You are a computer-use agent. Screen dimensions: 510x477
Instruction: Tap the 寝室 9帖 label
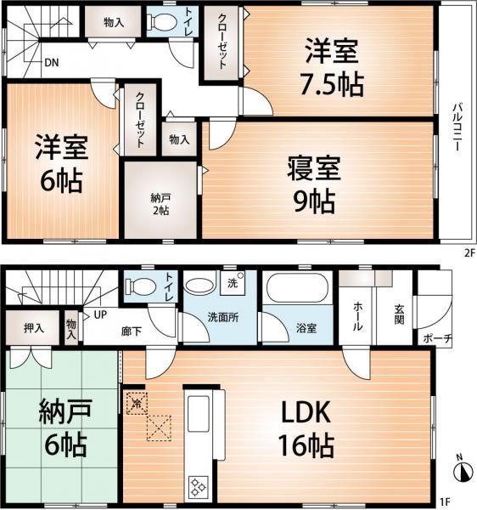[x=311, y=185]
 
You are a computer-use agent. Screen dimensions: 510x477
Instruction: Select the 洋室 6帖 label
[x=59, y=166]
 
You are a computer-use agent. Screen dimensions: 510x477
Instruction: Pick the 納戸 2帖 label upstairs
[x=160, y=203]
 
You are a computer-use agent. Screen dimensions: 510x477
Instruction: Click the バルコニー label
[x=456, y=127]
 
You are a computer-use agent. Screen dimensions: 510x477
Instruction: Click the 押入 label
[x=34, y=327]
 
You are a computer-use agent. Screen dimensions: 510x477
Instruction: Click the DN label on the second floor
[x=51, y=62]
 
